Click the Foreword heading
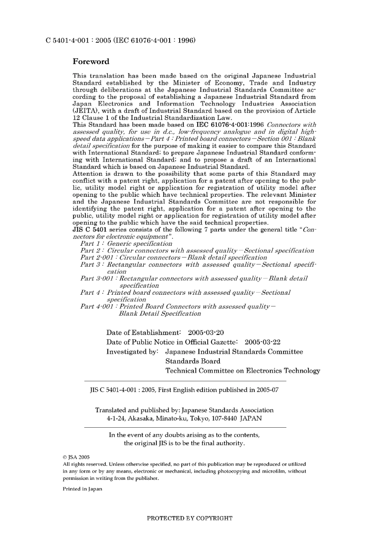coord(91,62)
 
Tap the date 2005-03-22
coord(262,342)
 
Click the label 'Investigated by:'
coord(132,352)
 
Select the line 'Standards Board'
coord(193,361)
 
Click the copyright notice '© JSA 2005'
coord(76,457)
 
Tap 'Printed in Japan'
coord(82,489)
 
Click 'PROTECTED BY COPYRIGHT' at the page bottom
coord(190,518)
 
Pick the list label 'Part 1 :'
coord(92,243)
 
